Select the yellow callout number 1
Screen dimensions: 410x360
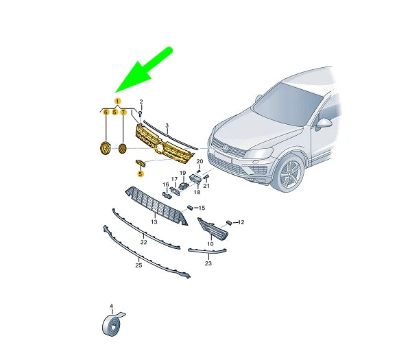(x=117, y=101)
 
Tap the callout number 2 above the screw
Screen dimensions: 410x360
(x=141, y=101)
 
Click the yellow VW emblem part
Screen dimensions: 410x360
(x=106, y=148)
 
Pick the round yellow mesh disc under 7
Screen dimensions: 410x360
(x=122, y=148)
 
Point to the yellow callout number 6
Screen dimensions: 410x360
(x=106, y=112)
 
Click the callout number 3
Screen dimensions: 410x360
(x=167, y=125)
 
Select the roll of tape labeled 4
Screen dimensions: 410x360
(x=112, y=323)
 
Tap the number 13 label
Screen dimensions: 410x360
(x=154, y=222)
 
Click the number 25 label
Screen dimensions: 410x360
(x=138, y=265)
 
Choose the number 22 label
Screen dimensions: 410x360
(x=143, y=242)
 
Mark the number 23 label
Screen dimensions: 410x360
(x=208, y=263)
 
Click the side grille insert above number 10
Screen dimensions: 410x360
(x=213, y=229)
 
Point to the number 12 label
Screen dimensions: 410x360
(x=241, y=222)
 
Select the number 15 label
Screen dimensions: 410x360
(x=202, y=208)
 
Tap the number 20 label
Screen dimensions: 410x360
(x=200, y=161)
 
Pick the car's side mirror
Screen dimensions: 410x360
(x=324, y=124)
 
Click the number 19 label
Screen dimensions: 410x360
(x=183, y=173)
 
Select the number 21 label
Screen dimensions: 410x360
(x=206, y=186)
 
